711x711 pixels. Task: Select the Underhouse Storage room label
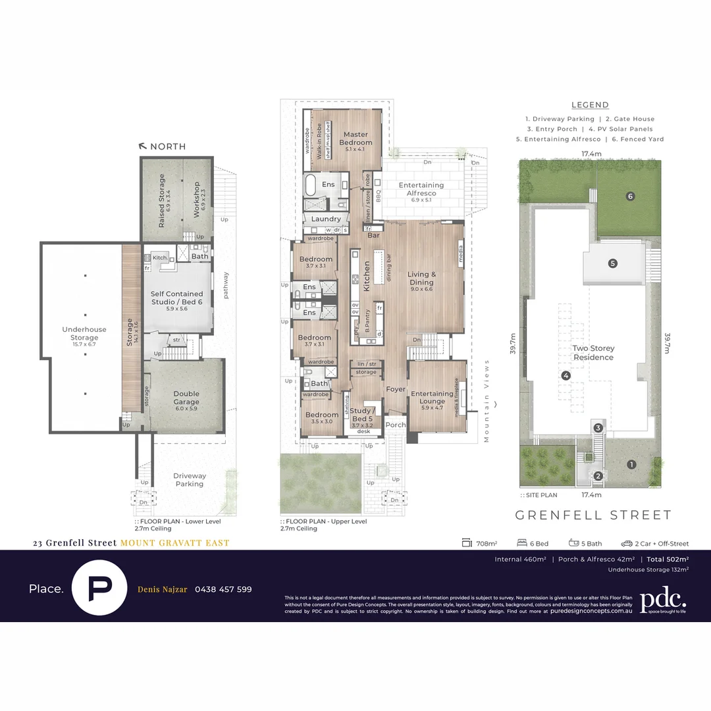79,333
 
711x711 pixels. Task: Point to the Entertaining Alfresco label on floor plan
421,189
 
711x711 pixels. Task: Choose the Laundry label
326,219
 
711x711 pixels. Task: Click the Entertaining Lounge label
433,398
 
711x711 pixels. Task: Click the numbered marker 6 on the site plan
630,196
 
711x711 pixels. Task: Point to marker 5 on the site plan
612,263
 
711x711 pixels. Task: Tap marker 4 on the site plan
565,375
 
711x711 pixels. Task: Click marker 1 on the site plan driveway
631,464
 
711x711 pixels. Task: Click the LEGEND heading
590,105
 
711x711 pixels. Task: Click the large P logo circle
99,587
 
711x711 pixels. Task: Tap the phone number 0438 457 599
223,589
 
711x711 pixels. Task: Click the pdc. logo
663,600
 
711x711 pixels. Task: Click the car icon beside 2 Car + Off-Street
626,544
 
